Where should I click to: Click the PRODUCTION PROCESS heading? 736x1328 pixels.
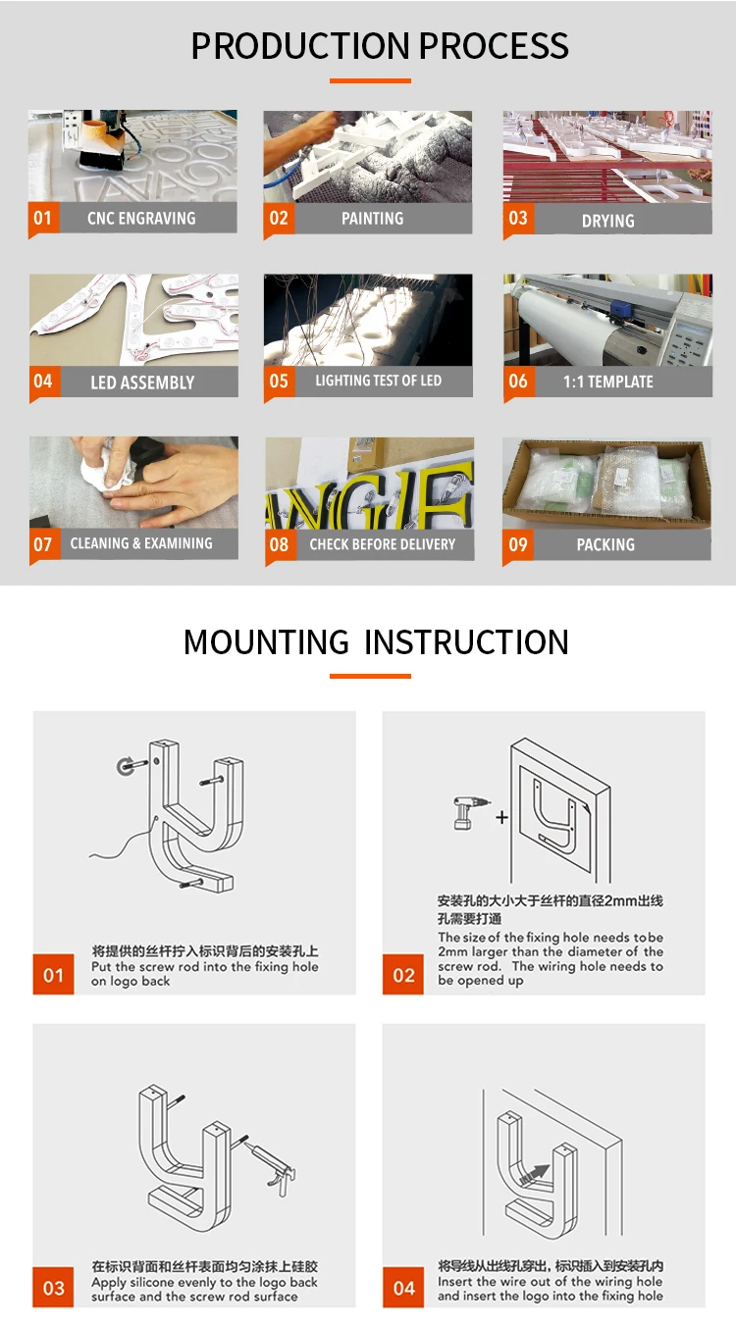coord(379,46)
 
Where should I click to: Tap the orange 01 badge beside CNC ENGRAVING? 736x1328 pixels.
coord(42,219)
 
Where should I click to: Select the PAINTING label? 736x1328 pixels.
coord(372,219)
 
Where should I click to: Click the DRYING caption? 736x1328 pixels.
coord(607,222)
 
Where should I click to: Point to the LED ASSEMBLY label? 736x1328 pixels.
coord(142,383)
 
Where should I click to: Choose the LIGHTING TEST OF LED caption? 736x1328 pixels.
coord(378,381)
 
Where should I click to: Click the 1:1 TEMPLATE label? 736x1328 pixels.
coord(607,382)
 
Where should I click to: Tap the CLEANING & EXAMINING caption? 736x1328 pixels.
coord(140,543)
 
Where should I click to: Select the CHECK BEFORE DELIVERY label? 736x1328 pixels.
coord(382,544)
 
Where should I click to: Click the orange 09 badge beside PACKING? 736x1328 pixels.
coord(518,544)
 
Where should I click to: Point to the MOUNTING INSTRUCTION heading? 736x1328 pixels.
coord(376,642)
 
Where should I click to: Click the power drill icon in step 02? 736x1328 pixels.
coord(468,814)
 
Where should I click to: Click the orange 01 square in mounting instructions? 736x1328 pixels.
coord(53,975)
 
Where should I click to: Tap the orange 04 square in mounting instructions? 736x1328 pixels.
coord(403,1288)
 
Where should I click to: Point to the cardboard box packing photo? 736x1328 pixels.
coord(606,485)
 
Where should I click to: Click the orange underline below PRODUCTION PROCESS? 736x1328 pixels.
coord(370,80)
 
